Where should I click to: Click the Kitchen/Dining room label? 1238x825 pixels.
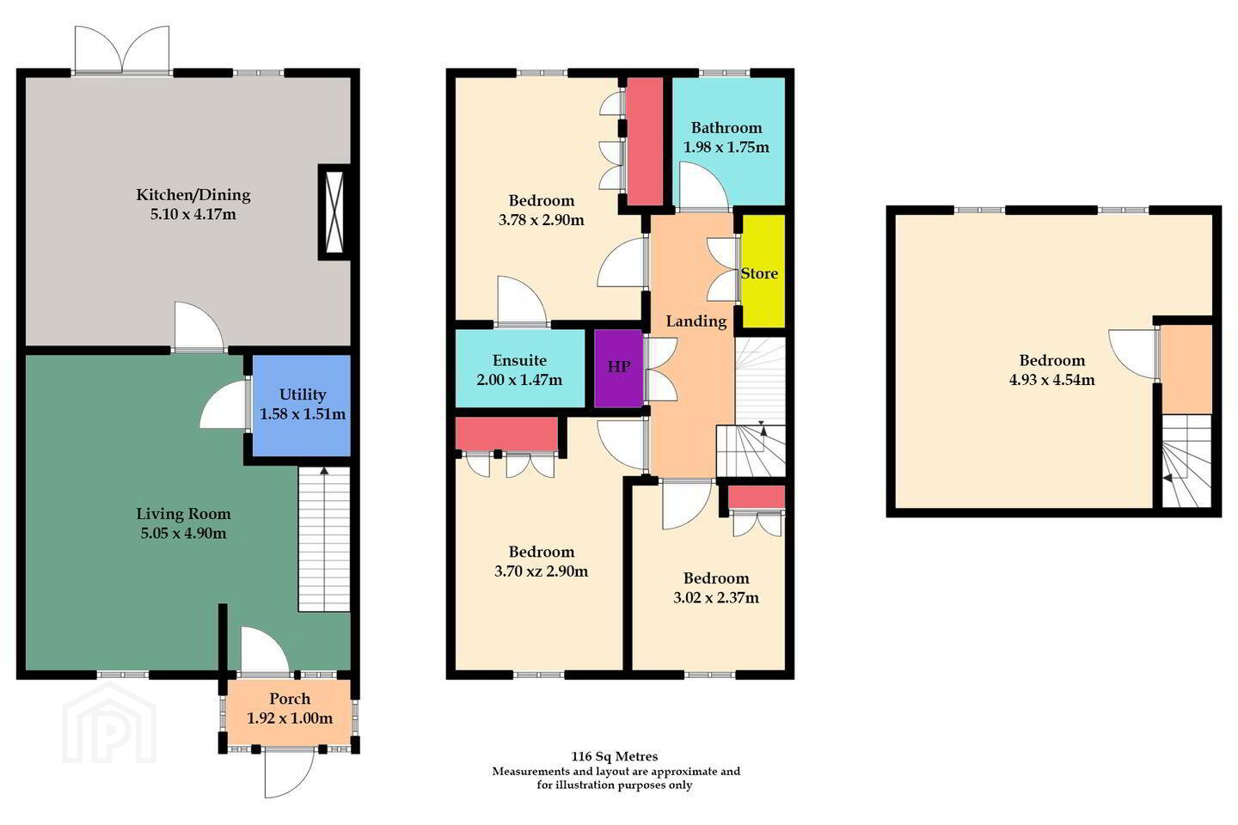(x=193, y=194)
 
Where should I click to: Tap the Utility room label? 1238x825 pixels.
(x=303, y=394)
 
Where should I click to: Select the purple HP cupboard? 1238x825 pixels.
(x=618, y=368)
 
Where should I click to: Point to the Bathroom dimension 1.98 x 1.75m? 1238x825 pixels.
(x=726, y=148)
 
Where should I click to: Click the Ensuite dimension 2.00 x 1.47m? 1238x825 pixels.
(x=519, y=380)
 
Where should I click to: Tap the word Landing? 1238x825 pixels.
(x=696, y=321)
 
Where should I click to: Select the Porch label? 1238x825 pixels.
(x=290, y=699)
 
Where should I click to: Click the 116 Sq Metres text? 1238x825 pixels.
(x=615, y=756)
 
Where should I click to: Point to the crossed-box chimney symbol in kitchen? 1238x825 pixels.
(x=334, y=211)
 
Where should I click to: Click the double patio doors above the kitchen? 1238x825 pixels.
(x=122, y=50)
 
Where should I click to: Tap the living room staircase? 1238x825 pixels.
(x=324, y=540)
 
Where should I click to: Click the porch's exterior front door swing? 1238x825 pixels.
(x=289, y=773)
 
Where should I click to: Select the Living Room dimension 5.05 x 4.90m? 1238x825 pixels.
(x=183, y=533)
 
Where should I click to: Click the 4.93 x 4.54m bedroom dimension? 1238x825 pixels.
(x=1051, y=380)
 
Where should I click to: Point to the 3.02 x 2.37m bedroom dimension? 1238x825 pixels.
(x=715, y=598)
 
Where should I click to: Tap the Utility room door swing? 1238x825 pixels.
(x=224, y=405)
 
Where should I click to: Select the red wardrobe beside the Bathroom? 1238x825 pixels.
(x=645, y=142)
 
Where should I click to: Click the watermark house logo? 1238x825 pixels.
(x=109, y=724)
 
